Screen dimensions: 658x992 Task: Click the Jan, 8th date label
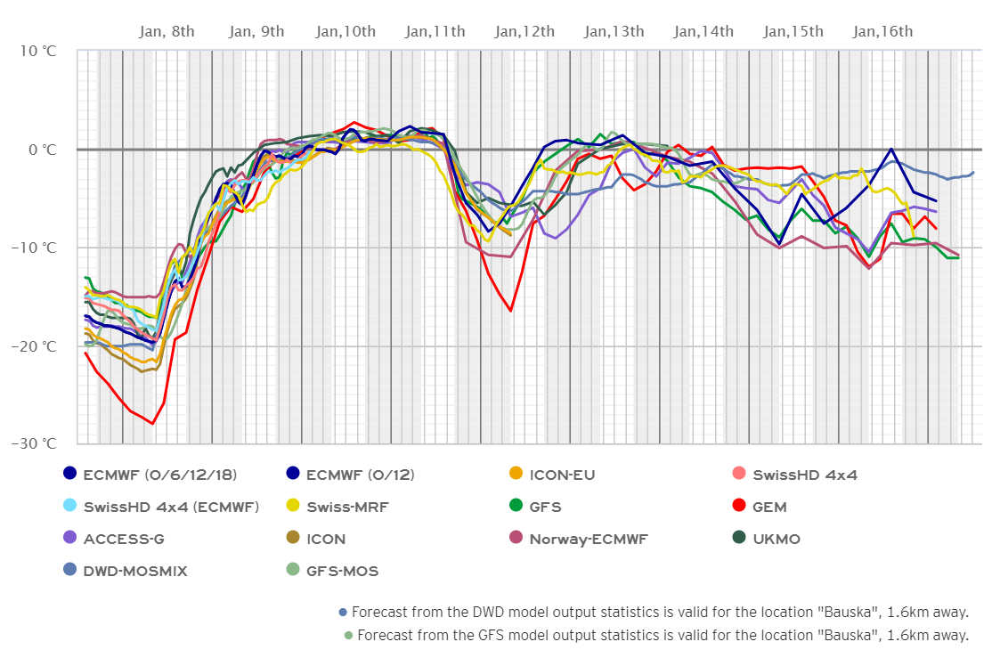tap(167, 32)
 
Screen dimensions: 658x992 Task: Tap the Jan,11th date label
tap(435, 32)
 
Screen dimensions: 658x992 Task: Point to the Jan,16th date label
tap(882, 32)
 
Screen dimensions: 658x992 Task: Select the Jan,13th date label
tap(614, 32)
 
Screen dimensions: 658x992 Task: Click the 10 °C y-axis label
tap(37, 51)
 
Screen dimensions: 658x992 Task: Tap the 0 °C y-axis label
tap(42, 150)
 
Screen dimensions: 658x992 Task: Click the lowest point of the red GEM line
tap(152, 424)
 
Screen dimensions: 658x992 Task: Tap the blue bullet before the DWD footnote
tap(343, 612)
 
